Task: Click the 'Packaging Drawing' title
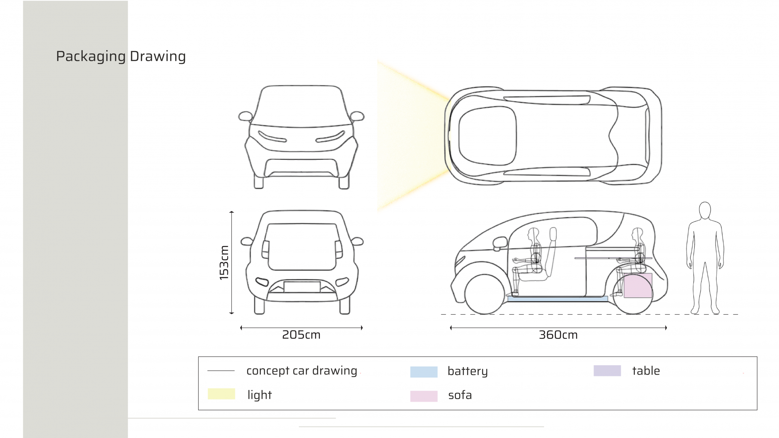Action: (x=121, y=57)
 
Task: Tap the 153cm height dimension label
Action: (x=224, y=263)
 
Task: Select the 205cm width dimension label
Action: (x=301, y=335)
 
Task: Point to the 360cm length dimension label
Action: (x=558, y=335)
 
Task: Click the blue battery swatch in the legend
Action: (x=424, y=372)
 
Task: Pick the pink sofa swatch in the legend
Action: (x=424, y=396)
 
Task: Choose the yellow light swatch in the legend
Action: (x=222, y=394)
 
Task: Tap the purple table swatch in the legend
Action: (x=607, y=371)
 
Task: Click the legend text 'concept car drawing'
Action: (x=302, y=371)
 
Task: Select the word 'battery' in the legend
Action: (x=468, y=371)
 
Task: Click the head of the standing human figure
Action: (x=705, y=210)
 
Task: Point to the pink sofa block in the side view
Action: (x=638, y=285)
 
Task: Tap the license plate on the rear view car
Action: (x=302, y=287)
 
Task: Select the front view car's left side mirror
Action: (x=246, y=116)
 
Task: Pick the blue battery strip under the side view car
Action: (x=557, y=299)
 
